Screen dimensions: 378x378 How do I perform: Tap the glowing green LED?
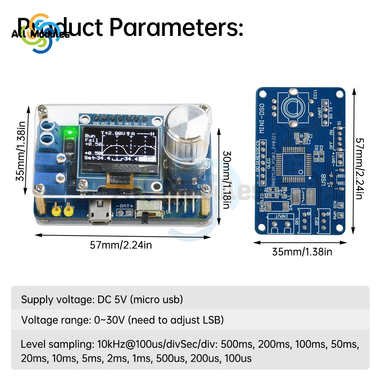click(69, 132)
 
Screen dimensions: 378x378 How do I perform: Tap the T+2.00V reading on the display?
click(113, 133)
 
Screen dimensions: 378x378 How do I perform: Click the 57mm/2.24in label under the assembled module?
click(121, 245)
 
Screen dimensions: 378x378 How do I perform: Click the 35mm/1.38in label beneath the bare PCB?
click(302, 251)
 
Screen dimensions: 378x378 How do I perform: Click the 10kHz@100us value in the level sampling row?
click(120, 344)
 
